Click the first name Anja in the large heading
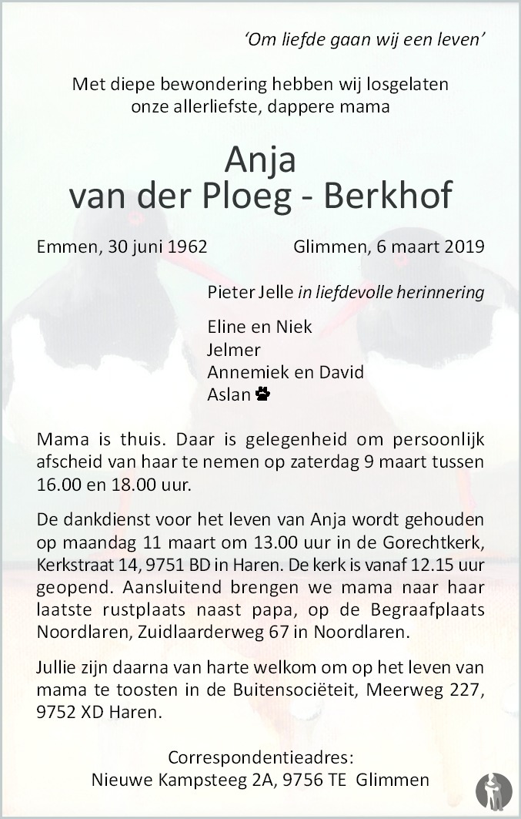click(x=260, y=161)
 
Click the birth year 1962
click(x=185, y=247)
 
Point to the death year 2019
click(x=464, y=247)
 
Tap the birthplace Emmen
click(x=61, y=247)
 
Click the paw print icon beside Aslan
click(x=263, y=394)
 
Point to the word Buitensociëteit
click(x=312, y=691)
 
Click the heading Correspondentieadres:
click(x=260, y=757)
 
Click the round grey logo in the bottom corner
click(x=494, y=790)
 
